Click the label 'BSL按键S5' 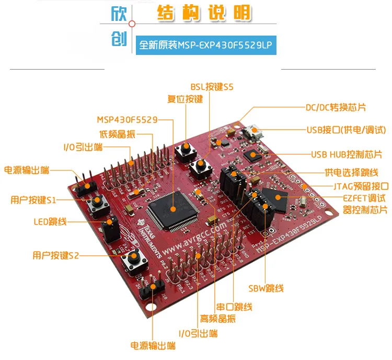(x=211, y=87)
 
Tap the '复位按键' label (x=185, y=99)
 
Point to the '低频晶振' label (x=117, y=134)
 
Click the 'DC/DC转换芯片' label (x=336, y=107)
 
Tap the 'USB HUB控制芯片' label (x=346, y=154)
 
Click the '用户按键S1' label (x=33, y=199)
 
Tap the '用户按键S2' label (x=55, y=255)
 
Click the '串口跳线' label (x=234, y=307)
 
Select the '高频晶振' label (x=217, y=319)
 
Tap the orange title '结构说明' (x=204, y=14)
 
